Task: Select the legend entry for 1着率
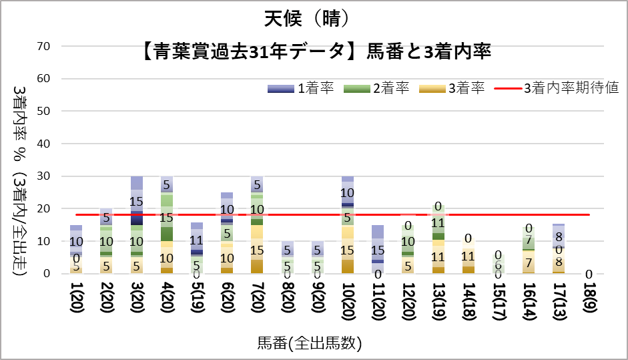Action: click(x=301, y=88)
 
